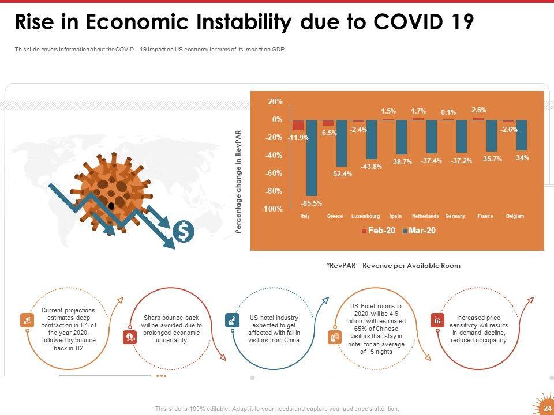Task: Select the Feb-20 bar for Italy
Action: click(x=298, y=125)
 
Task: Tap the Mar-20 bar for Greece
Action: click(x=342, y=143)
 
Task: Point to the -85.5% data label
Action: click(x=312, y=203)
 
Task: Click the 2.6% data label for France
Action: click(x=478, y=110)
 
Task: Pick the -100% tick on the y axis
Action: click(x=272, y=209)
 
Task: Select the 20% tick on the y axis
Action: click(x=275, y=101)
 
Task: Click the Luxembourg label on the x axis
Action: click(x=365, y=216)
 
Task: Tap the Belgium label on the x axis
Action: click(x=515, y=216)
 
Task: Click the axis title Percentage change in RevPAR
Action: click(x=238, y=182)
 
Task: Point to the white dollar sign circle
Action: click(x=184, y=232)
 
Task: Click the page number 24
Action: click(x=547, y=408)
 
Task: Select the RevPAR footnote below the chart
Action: click(x=393, y=266)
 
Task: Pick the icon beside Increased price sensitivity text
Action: click(x=437, y=320)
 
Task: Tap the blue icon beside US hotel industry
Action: click(x=231, y=320)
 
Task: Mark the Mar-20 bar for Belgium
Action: click(x=522, y=135)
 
